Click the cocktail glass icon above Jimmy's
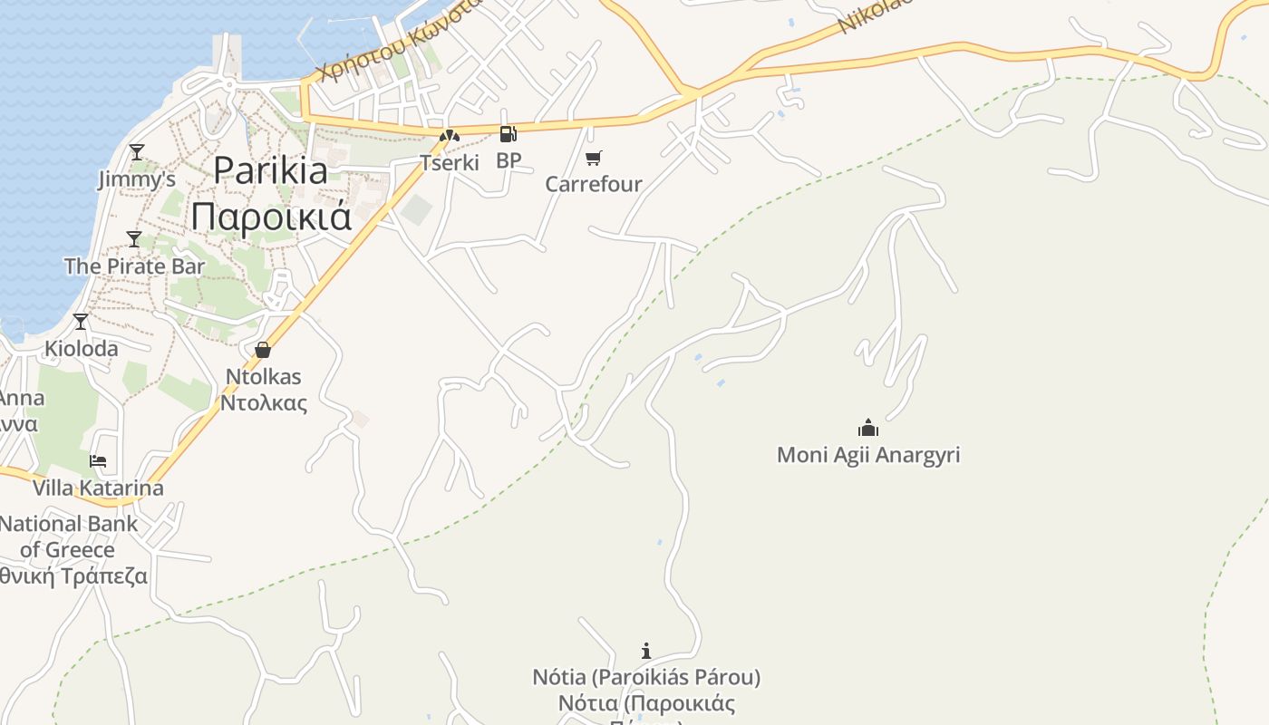136,151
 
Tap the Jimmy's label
137,179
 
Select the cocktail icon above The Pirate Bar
134,239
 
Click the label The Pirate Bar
134,266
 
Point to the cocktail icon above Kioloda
81,321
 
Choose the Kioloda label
82,348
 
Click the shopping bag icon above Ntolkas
263,349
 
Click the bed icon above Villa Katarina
98,460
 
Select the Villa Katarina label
98,488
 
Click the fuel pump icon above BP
509,134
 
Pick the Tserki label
449,163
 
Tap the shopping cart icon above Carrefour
594,159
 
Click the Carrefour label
594,184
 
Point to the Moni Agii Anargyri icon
868,428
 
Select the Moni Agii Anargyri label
868,454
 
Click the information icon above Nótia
646,651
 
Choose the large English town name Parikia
270,170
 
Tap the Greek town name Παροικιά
270,217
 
